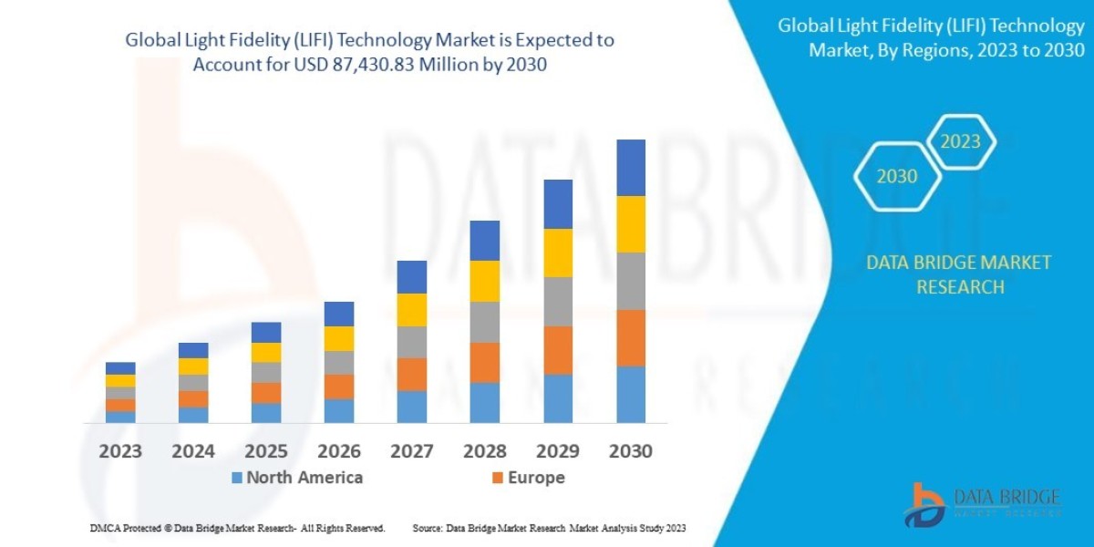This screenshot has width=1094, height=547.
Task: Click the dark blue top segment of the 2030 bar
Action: pyautogui.click(x=631, y=168)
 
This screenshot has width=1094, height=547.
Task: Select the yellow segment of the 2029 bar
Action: pyautogui.click(x=558, y=253)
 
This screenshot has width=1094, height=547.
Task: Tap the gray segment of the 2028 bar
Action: pyautogui.click(x=485, y=322)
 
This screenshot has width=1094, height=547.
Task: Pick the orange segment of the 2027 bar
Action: pyautogui.click(x=412, y=374)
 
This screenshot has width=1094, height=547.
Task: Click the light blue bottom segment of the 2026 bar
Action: pyautogui.click(x=339, y=411)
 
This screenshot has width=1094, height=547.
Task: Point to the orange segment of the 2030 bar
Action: pyautogui.click(x=631, y=338)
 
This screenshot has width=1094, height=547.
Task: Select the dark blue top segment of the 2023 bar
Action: pyautogui.click(x=120, y=368)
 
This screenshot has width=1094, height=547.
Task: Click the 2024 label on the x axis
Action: pyautogui.click(x=193, y=451)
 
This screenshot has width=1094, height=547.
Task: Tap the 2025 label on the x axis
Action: pyautogui.click(x=266, y=451)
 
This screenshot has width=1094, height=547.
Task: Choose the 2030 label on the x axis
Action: pyautogui.click(x=631, y=451)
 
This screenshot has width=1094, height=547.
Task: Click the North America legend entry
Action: pyautogui.click(x=295, y=478)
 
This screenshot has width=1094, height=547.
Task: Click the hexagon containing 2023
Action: pyautogui.click(x=961, y=141)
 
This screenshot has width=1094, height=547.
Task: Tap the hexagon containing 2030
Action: pyautogui.click(x=897, y=177)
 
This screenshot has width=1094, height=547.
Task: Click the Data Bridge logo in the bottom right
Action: pyautogui.click(x=983, y=504)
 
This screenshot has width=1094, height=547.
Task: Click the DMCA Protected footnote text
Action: pyautogui.click(x=237, y=528)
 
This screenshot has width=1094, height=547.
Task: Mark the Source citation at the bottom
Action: pyautogui.click(x=549, y=528)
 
